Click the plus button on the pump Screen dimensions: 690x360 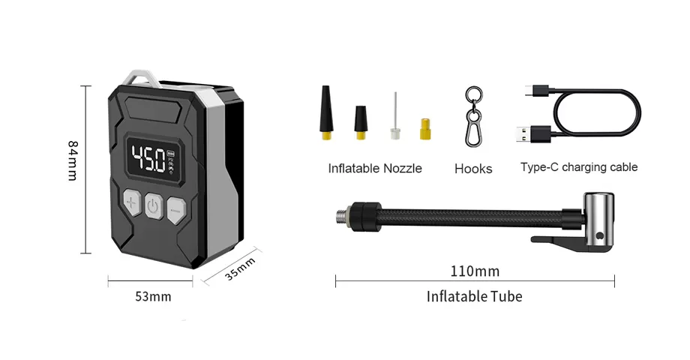coord(131,202)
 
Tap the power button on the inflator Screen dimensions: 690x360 coord(153,205)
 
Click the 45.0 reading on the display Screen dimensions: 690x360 coord(148,158)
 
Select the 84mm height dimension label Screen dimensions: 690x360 coord(72,160)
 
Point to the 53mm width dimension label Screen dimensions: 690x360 coord(153,297)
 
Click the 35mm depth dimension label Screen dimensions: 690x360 coord(240,269)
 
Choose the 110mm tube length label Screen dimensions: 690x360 coord(475,271)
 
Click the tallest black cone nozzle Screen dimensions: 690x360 coord(326,112)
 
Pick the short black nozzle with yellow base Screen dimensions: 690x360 coord(361,122)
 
